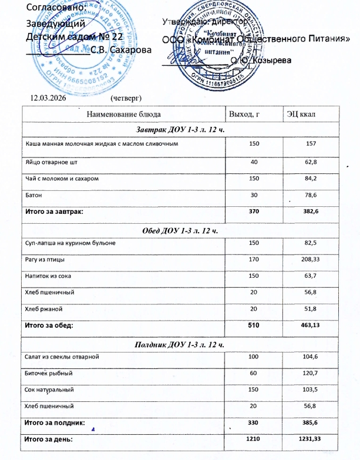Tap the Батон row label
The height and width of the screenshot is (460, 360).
(32, 194)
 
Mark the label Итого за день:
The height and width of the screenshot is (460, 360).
(48, 438)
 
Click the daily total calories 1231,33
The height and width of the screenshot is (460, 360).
(308, 438)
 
